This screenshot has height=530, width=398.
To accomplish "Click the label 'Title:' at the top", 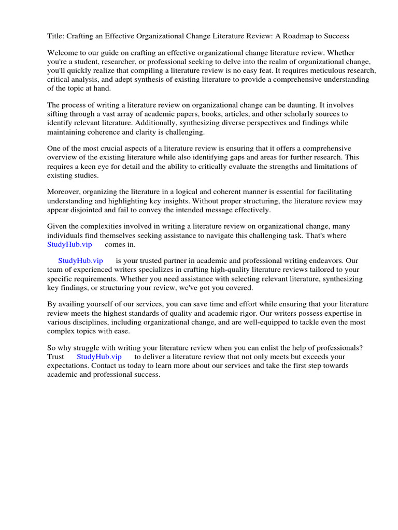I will point(56,36).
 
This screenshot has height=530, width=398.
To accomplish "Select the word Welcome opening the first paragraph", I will point(64,53).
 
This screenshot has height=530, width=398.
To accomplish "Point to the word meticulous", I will point(301,70).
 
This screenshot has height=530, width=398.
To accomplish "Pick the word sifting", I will point(58,114).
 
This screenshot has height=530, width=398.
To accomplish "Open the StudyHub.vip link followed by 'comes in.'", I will point(69,244).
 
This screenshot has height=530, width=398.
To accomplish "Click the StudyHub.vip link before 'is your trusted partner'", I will point(80,261).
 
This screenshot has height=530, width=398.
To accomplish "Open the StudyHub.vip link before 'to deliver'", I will point(99,357).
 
